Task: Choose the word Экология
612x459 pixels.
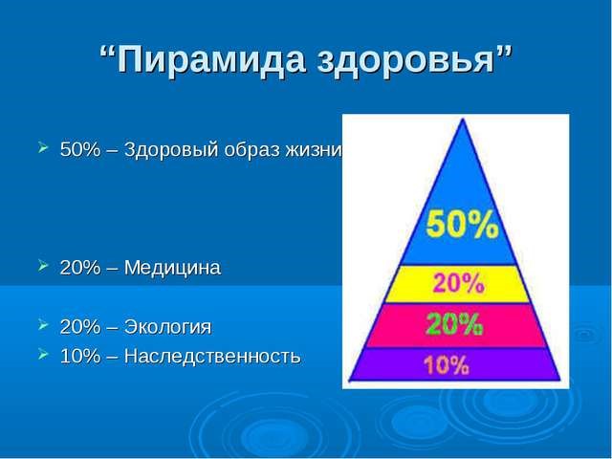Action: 164,327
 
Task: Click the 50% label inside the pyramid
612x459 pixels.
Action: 462,228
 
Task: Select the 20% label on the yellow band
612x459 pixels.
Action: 462,283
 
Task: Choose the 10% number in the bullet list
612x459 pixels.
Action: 76,357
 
